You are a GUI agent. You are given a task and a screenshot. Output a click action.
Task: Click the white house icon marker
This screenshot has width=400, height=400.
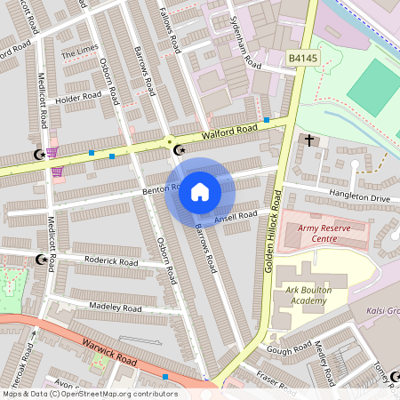(200, 192)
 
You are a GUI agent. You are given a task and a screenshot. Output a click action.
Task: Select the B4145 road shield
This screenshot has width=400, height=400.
(302, 59)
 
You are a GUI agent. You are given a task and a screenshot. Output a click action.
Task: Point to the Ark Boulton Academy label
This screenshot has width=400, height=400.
(316, 294)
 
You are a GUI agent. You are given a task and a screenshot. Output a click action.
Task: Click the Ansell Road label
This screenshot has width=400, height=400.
(236, 216)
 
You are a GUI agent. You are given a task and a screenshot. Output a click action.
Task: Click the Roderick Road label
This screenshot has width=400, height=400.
(111, 262)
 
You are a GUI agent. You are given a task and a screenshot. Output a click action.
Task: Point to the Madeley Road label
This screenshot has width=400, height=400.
(115, 308)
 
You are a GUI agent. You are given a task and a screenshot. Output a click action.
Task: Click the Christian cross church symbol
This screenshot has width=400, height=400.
(309, 140)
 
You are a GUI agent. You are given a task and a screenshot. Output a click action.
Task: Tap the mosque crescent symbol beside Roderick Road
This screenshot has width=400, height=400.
(39, 260)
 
